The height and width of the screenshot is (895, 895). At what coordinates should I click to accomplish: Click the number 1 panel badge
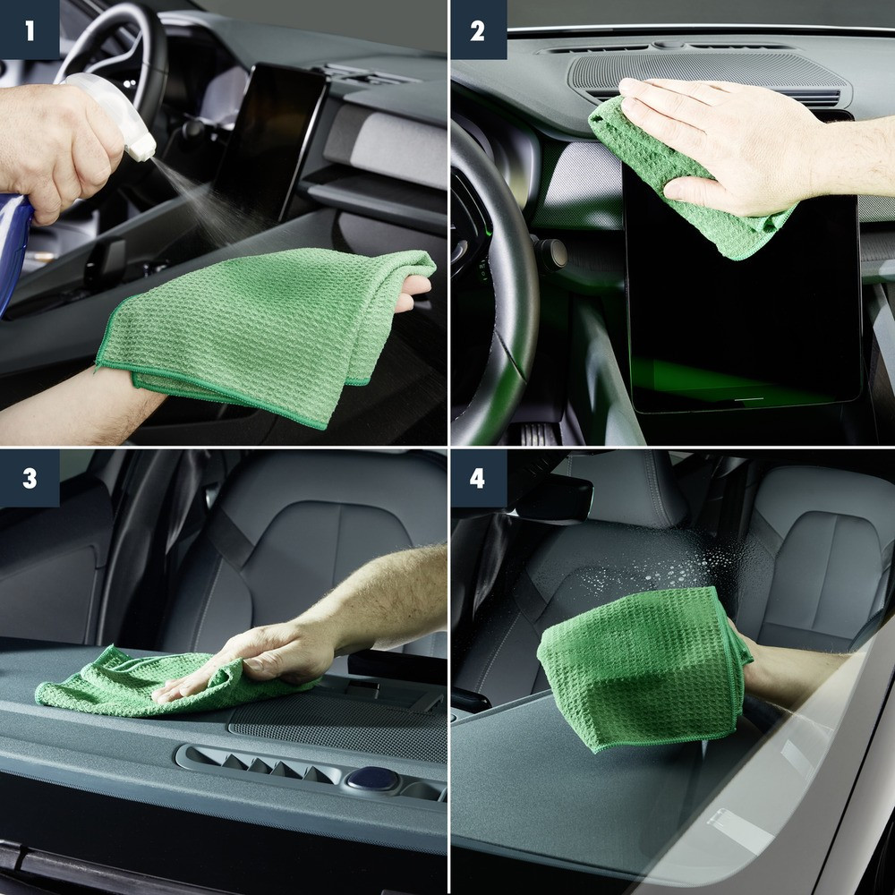[x=30, y=30]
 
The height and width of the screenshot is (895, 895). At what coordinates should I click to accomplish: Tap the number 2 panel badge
[x=477, y=30]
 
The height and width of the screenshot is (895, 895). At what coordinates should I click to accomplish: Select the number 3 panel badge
[x=30, y=478]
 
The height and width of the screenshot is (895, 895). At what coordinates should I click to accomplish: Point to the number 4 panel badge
[x=477, y=478]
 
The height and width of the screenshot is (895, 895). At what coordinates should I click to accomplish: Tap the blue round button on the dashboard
[x=371, y=778]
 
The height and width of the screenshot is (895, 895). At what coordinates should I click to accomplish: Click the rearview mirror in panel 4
[x=555, y=497]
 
